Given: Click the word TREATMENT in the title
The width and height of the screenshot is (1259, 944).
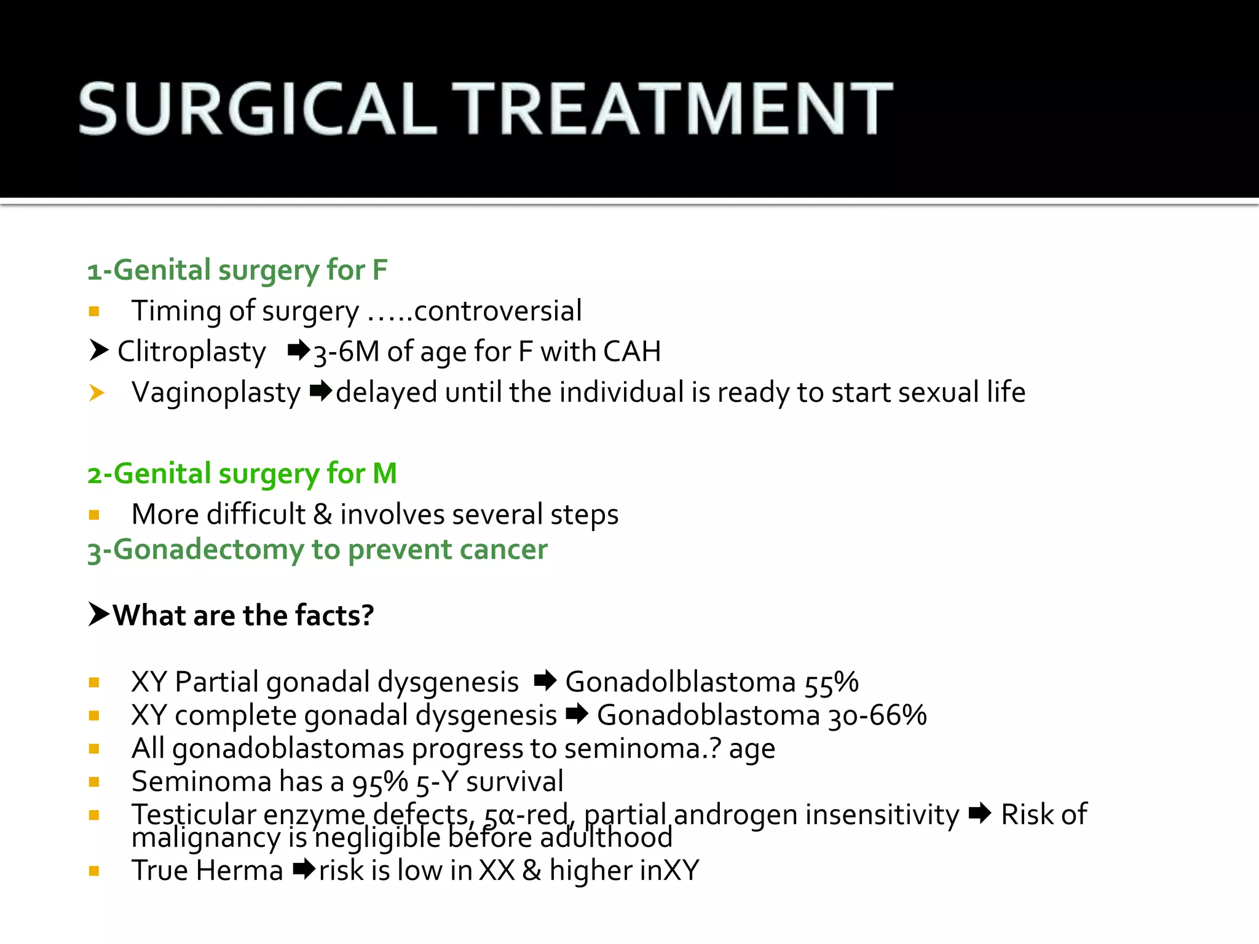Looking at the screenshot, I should pos(673,109).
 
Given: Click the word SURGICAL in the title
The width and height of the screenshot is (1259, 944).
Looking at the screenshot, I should pos(258,109).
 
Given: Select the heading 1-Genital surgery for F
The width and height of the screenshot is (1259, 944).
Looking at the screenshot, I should pos(237,270).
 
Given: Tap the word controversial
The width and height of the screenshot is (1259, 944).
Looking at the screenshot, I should pos(498,310).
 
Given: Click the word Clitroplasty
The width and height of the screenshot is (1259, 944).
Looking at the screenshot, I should pos(191,352).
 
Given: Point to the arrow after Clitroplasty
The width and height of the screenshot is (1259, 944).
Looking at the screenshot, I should pos(299,351).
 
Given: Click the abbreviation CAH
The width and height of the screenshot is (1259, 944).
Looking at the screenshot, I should pos(632,352).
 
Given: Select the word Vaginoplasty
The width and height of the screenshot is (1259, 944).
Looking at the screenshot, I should pos(216,392).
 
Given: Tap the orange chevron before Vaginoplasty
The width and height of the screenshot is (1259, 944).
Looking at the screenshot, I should pos(97,392).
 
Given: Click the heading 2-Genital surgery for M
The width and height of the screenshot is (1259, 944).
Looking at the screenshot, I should pos(242,474).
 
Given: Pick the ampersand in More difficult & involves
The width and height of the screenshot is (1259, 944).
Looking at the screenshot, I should pos(323,514).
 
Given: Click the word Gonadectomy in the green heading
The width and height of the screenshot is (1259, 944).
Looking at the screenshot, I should pos(208,549).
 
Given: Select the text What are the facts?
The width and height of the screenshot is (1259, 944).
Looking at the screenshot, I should pos(243,615).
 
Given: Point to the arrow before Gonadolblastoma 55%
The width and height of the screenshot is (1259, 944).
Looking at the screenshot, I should pos(545,681).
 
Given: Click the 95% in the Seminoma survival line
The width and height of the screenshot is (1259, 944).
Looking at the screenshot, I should pos(380,782).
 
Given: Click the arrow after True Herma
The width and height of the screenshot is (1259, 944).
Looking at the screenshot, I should pos(304,870).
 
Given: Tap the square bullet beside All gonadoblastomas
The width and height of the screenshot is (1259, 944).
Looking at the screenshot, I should pos(94,749).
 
